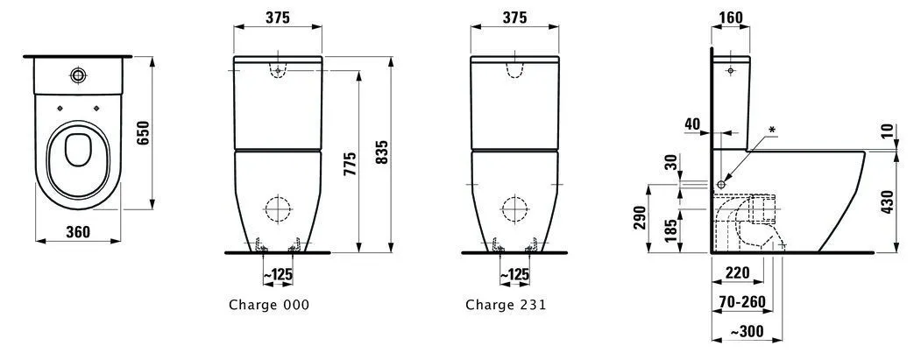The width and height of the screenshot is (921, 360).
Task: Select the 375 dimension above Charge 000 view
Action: (x=278, y=18)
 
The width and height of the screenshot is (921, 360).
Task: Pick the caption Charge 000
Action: (x=268, y=305)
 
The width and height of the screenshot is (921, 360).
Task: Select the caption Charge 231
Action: (x=506, y=305)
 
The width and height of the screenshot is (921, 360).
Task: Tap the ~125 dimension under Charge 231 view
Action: (x=514, y=275)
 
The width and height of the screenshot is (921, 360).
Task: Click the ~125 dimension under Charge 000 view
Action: (x=278, y=275)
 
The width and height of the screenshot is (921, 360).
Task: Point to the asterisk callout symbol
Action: (x=772, y=130)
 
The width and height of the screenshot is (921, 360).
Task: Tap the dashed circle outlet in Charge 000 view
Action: (x=278, y=208)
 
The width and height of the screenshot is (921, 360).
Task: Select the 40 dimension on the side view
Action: (x=692, y=124)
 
